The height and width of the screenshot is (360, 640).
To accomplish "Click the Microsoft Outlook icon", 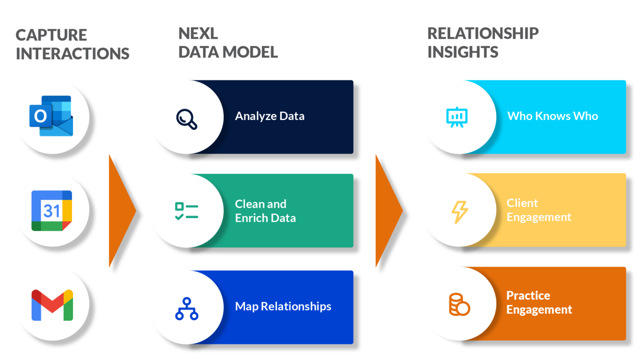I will pos(51,116).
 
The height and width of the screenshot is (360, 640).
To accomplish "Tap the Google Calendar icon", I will pos(52,210).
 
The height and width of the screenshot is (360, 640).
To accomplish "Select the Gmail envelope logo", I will pos(52,305).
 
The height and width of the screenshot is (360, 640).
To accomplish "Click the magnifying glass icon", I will pos(186,119).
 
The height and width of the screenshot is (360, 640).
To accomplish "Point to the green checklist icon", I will pos(186,211).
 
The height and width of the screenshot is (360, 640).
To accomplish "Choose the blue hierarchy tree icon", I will pos(186,309).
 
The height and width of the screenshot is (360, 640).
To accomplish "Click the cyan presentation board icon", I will pos(457,117).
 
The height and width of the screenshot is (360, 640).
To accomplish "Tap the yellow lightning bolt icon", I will pos(460,212).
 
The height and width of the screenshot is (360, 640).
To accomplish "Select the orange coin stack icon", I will pos(459,304).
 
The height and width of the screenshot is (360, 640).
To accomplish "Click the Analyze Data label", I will pos(270,116).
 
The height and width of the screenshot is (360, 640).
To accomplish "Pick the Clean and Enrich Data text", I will pos(265,211).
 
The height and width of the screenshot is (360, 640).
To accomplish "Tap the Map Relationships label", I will pos(283,306).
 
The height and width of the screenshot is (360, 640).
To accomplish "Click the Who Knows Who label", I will pos(552,116).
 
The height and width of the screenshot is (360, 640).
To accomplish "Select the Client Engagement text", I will pos(538,210).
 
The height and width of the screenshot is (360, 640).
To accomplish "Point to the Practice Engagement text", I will pos(539,302).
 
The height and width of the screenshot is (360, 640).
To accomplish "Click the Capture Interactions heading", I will pos(72,44).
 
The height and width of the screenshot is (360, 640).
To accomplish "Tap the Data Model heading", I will pos(227,43).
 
